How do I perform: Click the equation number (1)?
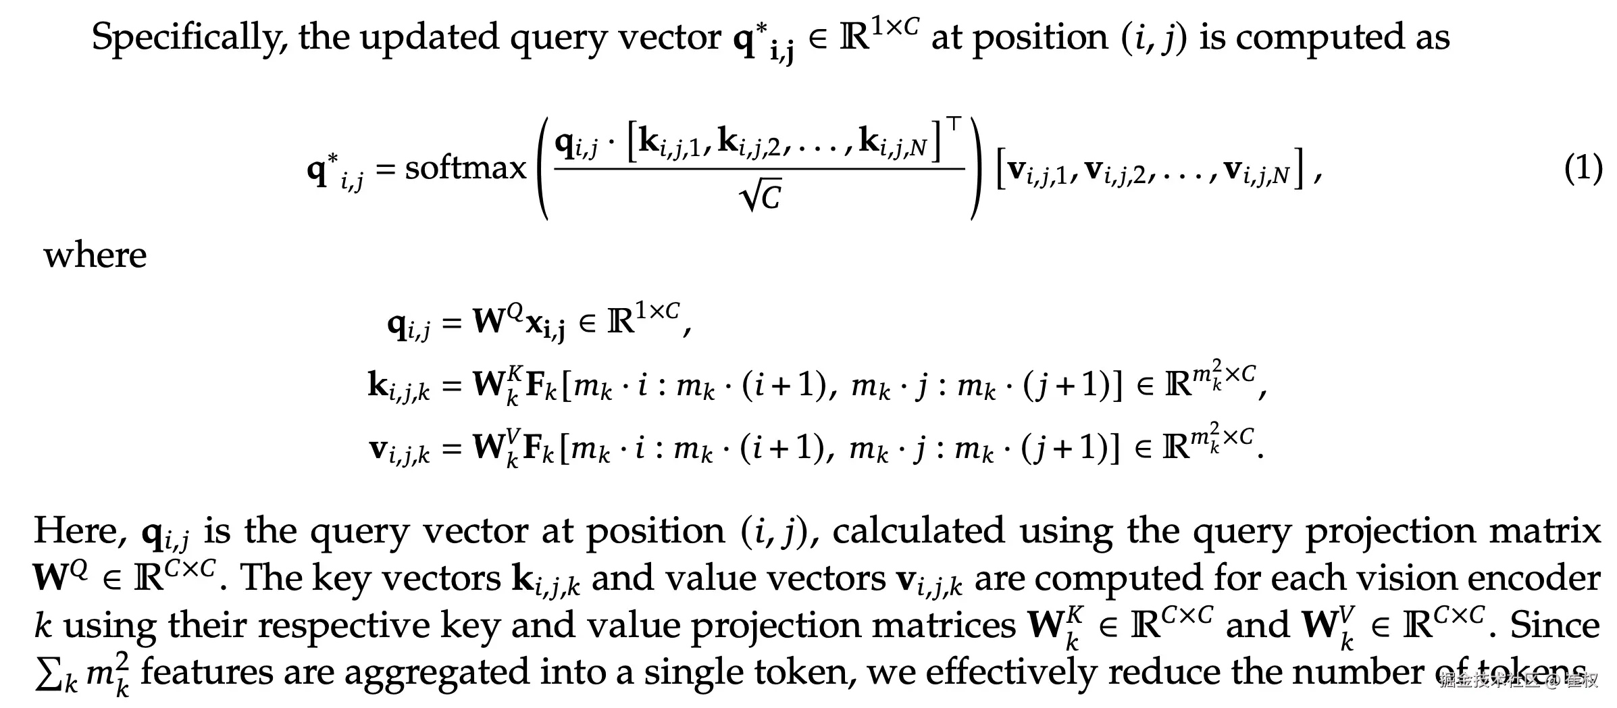pyautogui.click(x=1583, y=168)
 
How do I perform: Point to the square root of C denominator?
pyautogui.click(x=761, y=197)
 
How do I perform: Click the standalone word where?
pyautogui.click(x=95, y=255)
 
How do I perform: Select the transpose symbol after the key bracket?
pyautogui.click(x=953, y=124)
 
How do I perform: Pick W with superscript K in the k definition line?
pyautogui.click(x=497, y=384)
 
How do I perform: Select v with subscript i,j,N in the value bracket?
pyautogui.click(x=1257, y=170)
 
